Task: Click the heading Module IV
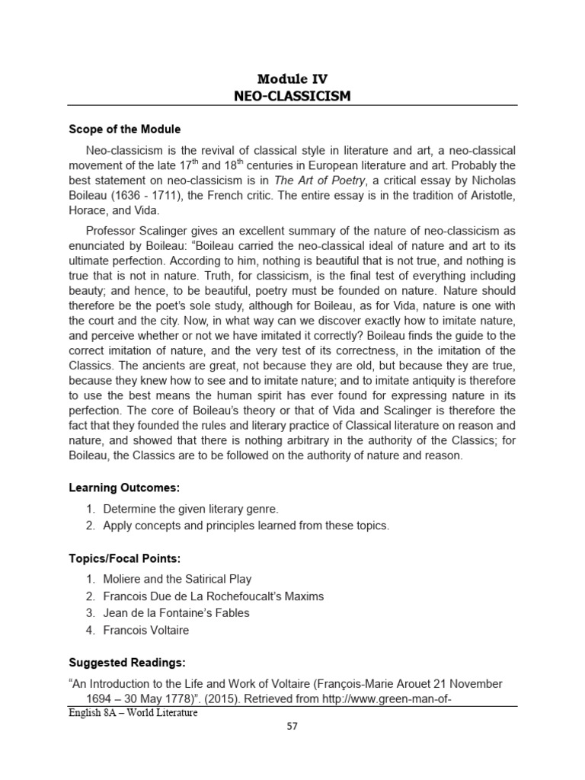point(292,78)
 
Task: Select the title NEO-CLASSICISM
point(292,95)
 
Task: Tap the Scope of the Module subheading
point(125,129)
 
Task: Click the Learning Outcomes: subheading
point(124,487)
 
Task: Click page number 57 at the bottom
point(292,726)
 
